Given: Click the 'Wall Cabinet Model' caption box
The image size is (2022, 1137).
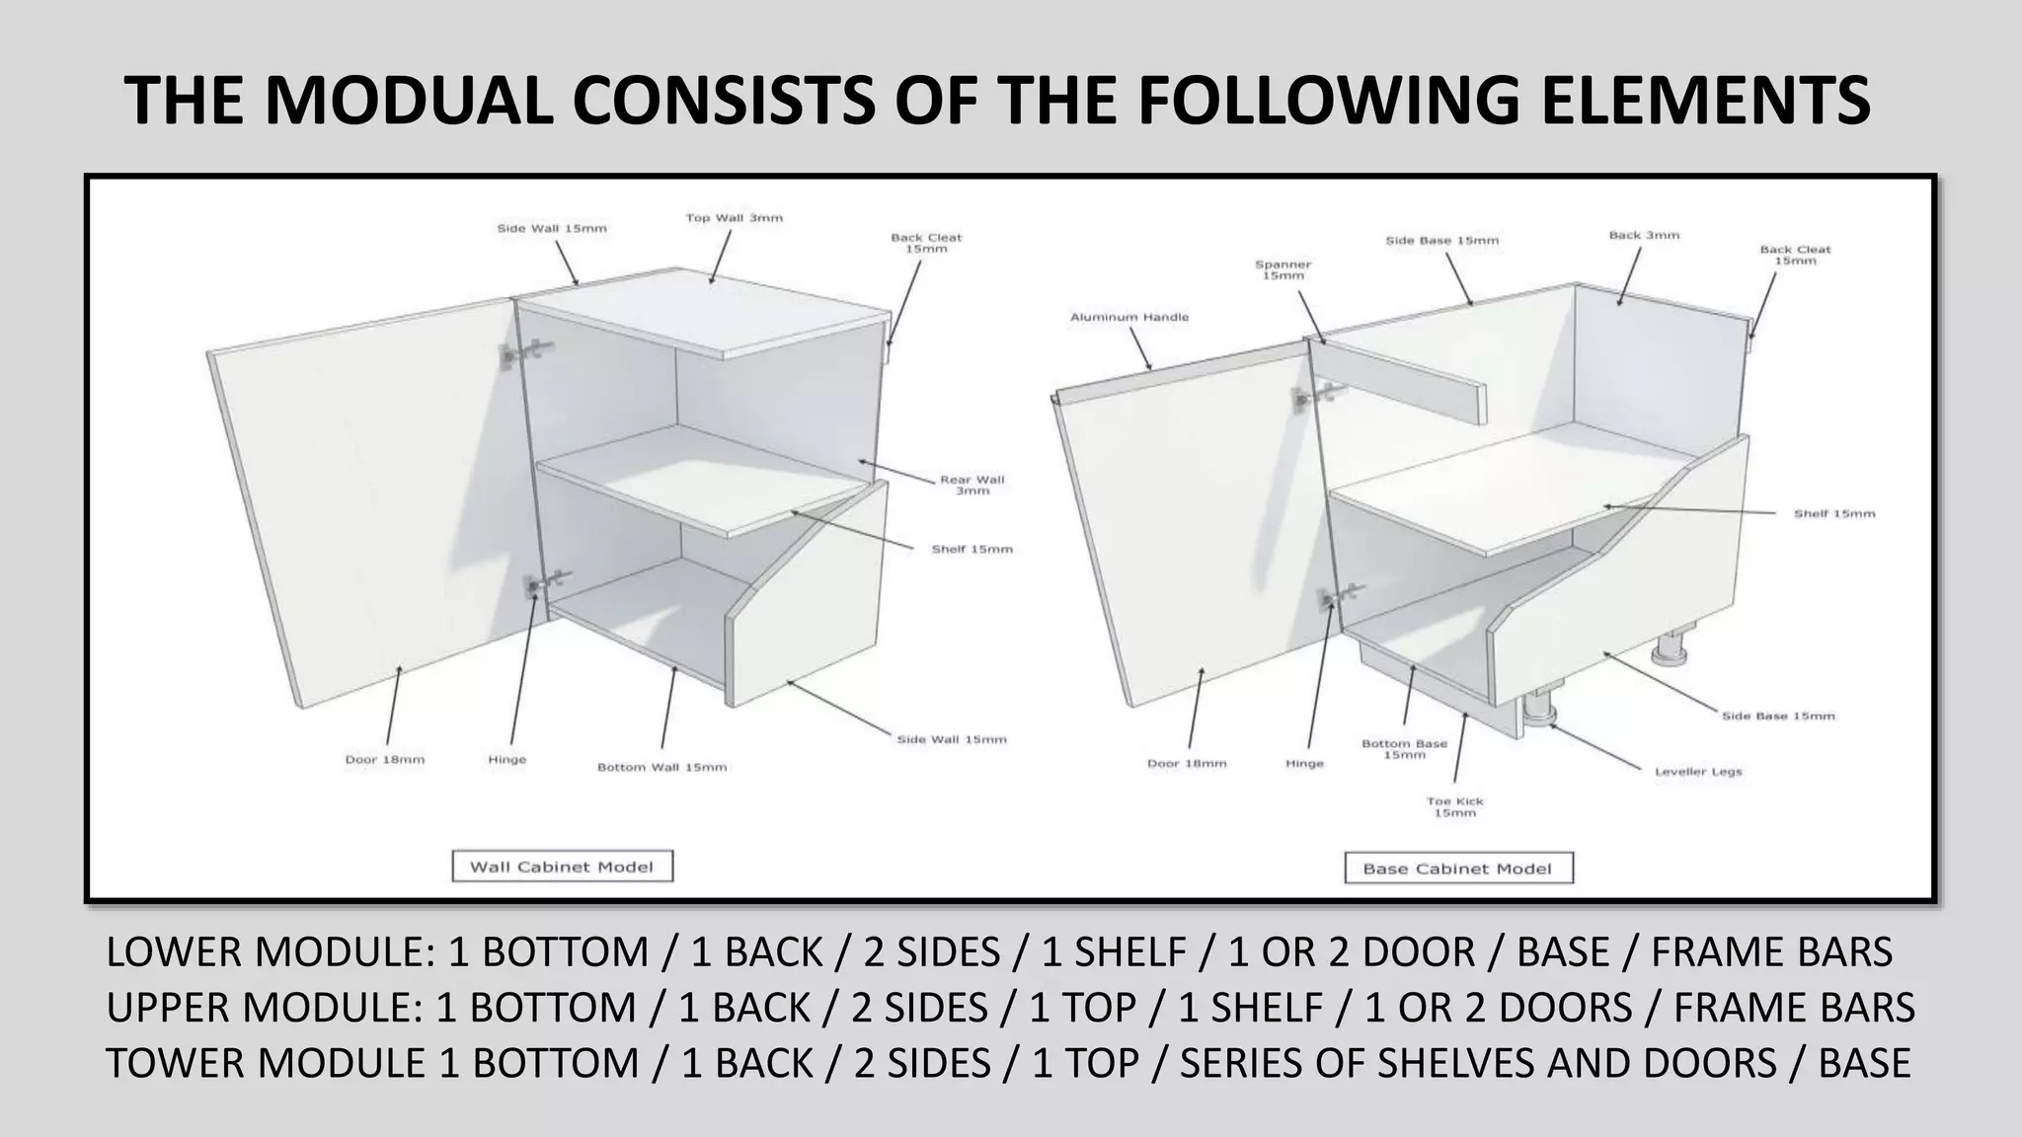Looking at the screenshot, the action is tap(562, 867).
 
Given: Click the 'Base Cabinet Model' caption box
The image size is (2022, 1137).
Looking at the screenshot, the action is tap(1458, 869).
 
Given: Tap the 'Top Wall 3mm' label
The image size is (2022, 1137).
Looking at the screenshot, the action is tap(735, 218).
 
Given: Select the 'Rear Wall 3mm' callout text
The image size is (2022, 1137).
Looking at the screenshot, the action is tap(972, 485).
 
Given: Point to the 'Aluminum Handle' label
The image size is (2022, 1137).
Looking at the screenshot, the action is tap(1129, 317).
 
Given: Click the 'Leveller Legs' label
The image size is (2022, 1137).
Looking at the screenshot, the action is tap(1698, 772).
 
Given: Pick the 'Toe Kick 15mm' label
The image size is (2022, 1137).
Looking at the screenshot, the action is tap(1455, 807).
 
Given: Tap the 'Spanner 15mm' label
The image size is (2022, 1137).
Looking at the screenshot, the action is tap(1283, 270).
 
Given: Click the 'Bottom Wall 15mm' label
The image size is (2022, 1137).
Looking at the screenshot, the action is tap(661, 767).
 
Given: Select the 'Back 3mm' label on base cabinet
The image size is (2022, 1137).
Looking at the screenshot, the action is tap(1644, 235).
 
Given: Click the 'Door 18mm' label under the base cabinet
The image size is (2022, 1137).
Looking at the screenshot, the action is tap(1187, 763).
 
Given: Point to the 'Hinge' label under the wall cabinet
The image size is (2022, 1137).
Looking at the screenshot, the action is tap(507, 760).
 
